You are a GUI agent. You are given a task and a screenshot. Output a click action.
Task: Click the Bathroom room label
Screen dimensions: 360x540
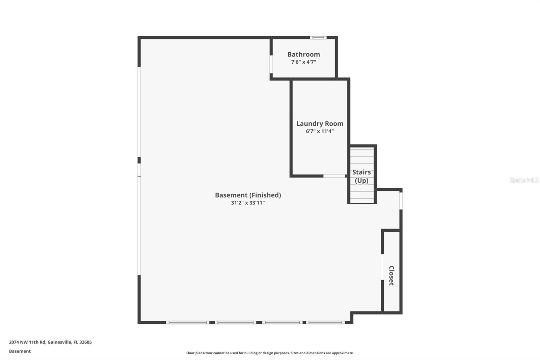pyautogui.click(x=303, y=54)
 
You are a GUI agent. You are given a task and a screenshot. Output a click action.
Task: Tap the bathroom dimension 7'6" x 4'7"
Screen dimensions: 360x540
pyautogui.click(x=303, y=62)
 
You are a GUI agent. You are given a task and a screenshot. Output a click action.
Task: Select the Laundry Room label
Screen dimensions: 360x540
pyautogui.click(x=320, y=124)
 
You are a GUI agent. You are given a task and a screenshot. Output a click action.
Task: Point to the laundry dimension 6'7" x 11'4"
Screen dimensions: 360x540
pyautogui.click(x=320, y=131)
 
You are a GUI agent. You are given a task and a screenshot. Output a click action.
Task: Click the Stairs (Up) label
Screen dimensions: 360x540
pyautogui.click(x=361, y=176)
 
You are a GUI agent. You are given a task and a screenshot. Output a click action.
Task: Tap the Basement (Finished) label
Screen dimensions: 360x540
pyautogui.click(x=248, y=195)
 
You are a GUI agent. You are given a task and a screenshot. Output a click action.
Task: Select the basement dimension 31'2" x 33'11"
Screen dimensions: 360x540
pyautogui.click(x=248, y=203)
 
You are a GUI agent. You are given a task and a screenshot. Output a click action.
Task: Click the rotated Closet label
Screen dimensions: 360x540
pyautogui.click(x=391, y=276)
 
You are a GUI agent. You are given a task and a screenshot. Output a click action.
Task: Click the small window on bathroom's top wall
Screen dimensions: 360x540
pyautogui.click(x=318, y=37)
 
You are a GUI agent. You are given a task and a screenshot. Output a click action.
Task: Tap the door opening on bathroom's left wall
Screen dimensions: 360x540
pyautogui.click(x=271, y=64)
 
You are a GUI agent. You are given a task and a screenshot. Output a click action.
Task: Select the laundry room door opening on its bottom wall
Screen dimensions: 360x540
pyautogui.click(x=334, y=176)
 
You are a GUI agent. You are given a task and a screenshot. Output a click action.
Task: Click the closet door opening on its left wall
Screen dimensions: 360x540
pyautogui.click(x=382, y=267)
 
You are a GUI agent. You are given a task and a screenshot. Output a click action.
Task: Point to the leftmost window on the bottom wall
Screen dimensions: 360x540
pyautogui.click(x=188, y=323)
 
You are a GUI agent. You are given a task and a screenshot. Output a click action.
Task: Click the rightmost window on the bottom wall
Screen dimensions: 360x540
pyautogui.click(x=325, y=323)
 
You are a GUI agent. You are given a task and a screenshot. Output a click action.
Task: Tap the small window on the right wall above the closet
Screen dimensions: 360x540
pyautogui.click(x=401, y=201)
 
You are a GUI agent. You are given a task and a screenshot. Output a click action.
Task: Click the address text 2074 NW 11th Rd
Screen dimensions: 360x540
pyautogui.click(x=27, y=342)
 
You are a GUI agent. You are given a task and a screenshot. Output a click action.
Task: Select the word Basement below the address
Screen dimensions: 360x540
pyautogui.click(x=20, y=351)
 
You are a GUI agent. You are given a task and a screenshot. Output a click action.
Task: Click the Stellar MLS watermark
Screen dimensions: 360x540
pyautogui.click(x=524, y=180)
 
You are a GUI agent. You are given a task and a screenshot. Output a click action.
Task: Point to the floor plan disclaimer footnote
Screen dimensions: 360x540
pyautogui.click(x=270, y=353)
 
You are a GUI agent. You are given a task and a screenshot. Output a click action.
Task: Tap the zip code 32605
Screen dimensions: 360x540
pyautogui.click(x=85, y=342)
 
